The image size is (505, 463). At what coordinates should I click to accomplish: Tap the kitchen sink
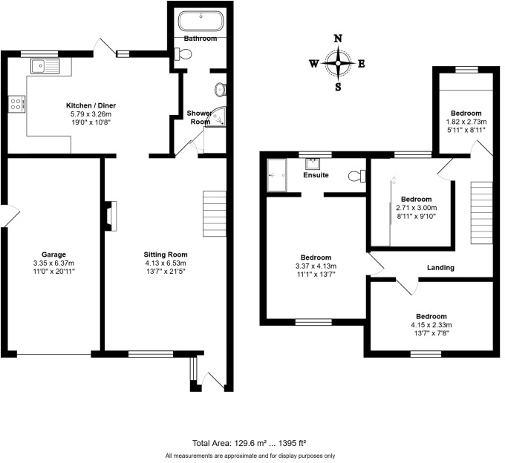pos(47,66)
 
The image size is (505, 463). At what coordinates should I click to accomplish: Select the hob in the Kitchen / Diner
pos(16,103)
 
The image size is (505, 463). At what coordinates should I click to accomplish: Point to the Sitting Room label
pos(165,254)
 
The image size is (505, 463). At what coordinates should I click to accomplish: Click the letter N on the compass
pos(339,39)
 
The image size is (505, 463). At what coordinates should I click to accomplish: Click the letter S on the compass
pos(339,87)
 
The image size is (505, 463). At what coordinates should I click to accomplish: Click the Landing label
pos(440,267)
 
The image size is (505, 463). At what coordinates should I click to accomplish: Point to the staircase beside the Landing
pos(481,211)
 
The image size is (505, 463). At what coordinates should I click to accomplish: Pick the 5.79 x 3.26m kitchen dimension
pos(89,114)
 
